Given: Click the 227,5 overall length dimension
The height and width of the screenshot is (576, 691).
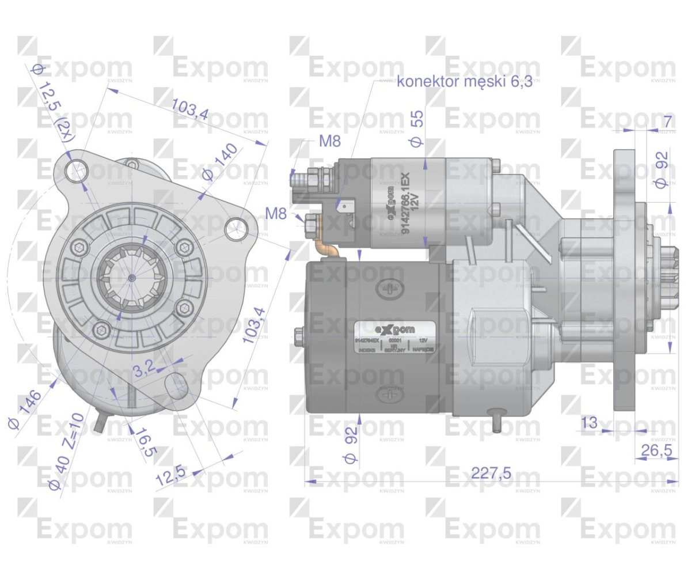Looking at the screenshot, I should click(x=491, y=473).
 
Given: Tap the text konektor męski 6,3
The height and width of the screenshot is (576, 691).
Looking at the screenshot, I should click(x=461, y=82).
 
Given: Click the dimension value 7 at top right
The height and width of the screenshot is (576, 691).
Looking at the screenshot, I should click(x=667, y=122).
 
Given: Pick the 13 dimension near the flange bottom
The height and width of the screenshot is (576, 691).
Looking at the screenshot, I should click(x=589, y=423).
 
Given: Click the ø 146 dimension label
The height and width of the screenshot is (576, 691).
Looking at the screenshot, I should click(x=25, y=410).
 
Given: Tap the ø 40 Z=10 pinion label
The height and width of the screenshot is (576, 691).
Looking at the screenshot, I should click(x=66, y=450).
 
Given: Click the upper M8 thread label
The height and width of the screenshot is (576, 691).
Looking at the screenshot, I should click(x=330, y=142).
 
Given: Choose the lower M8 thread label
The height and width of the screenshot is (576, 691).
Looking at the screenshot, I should click(x=276, y=213).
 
